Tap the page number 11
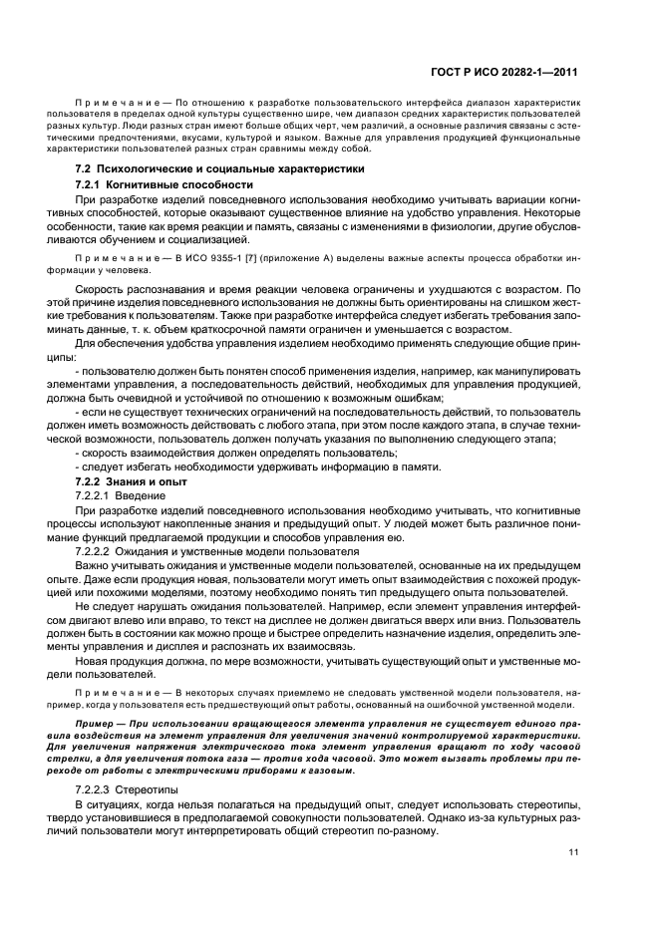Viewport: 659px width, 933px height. [573, 851]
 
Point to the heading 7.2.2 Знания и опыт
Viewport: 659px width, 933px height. [131, 481]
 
